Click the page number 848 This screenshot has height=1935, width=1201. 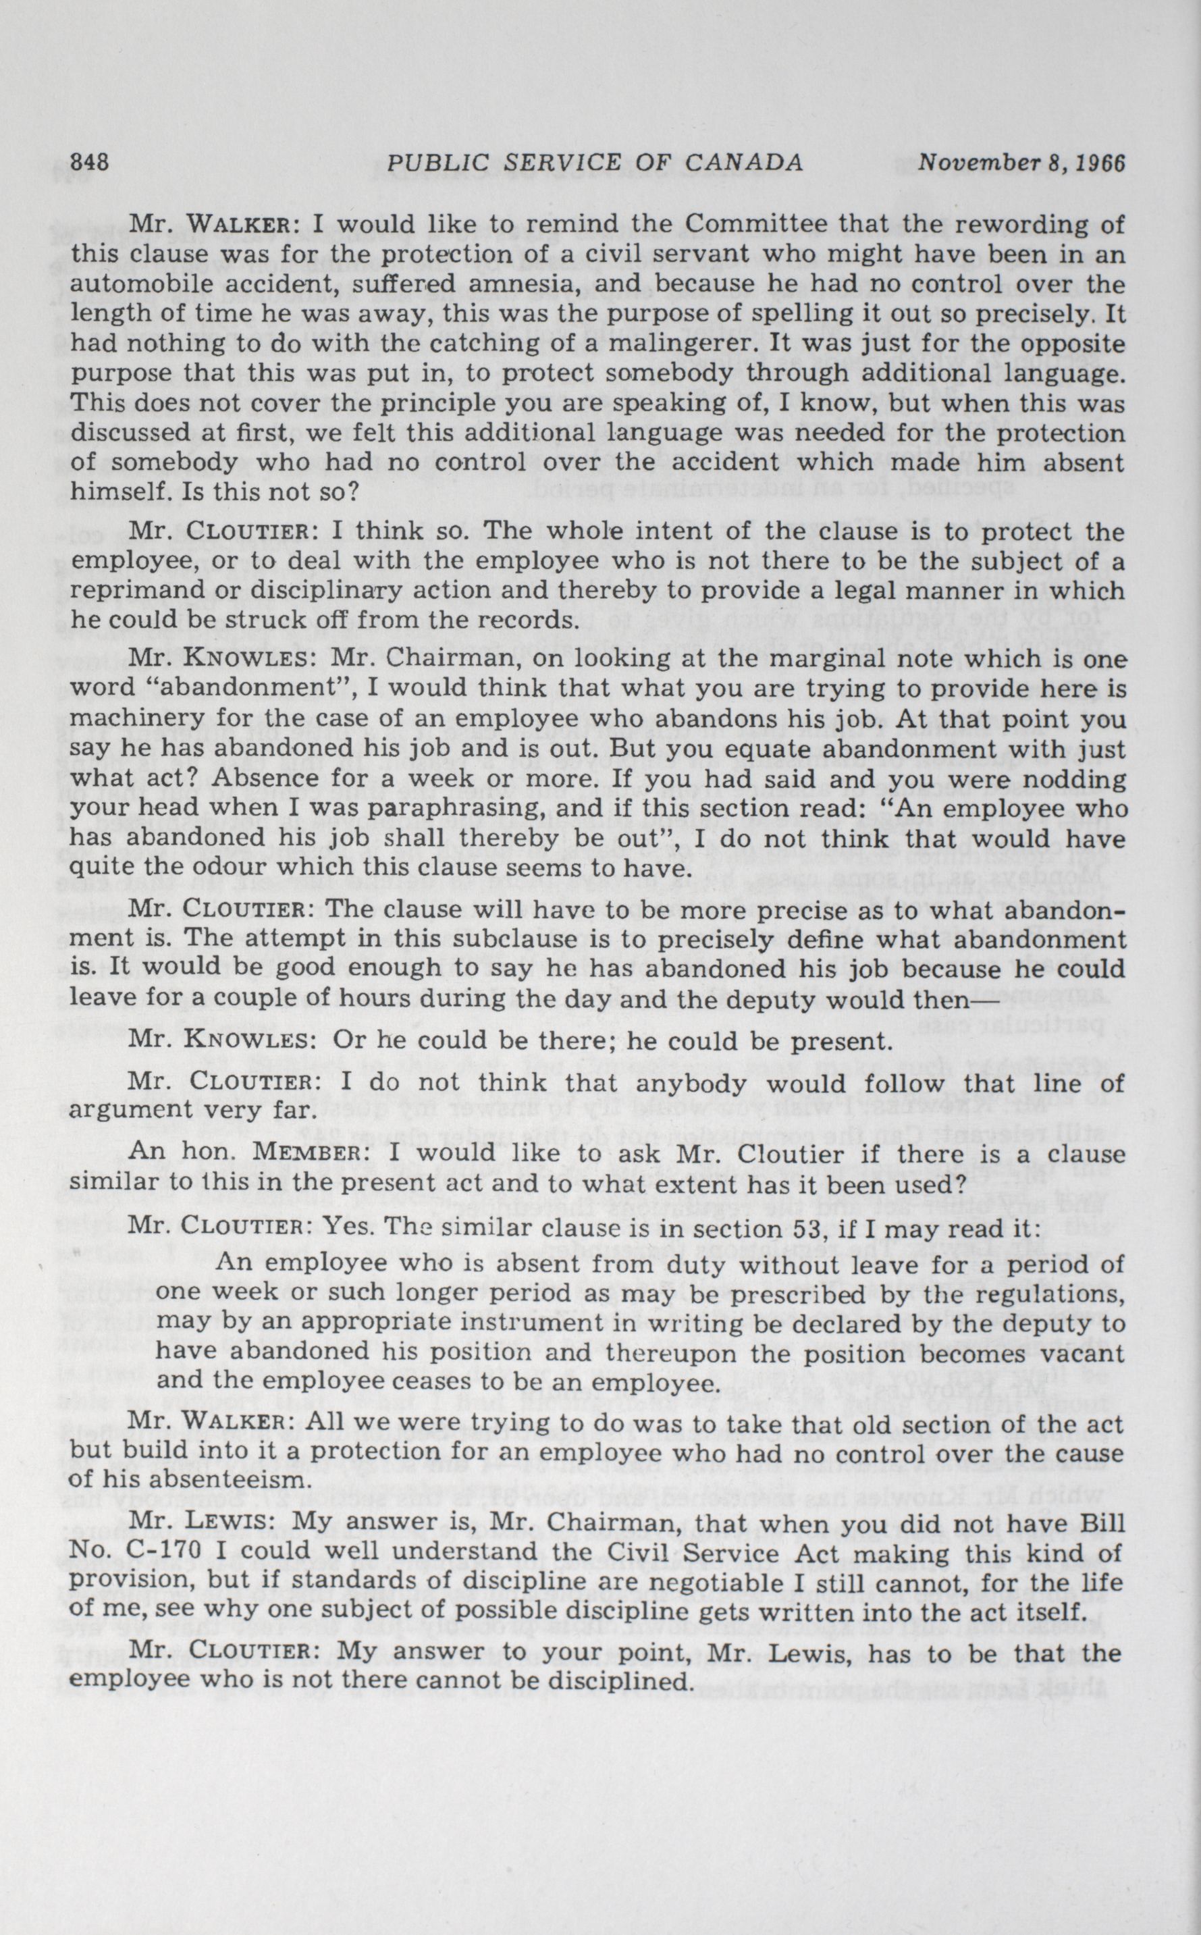click(x=89, y=163)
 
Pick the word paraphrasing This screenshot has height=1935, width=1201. click(x=410, y=810)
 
